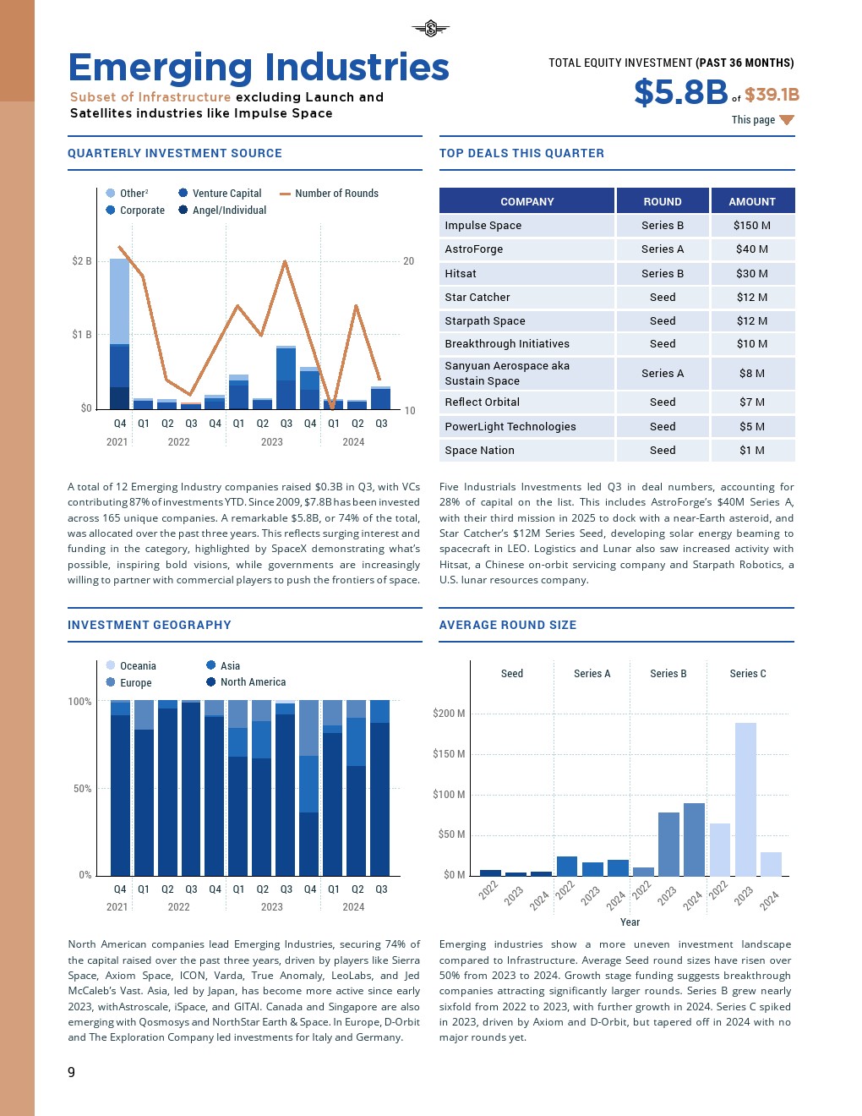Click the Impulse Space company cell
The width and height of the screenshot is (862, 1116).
tap(483, 226)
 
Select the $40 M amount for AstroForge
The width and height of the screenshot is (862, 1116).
tap(751, 249)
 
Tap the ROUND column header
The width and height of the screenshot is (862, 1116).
tap(663, 202)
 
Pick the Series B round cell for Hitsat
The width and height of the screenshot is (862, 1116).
tap(663, 274)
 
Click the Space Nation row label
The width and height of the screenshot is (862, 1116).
tap(480, 451)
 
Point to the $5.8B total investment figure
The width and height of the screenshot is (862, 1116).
tap(680, 92)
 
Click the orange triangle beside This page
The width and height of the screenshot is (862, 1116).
tap(787, 120)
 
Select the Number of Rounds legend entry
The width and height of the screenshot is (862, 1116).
tap(336, 194)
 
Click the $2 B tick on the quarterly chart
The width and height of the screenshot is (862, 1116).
tap(82, 261)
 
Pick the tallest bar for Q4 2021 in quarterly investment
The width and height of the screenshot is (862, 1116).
tap(120, 333)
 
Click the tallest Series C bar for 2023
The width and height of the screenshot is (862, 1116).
tap(745, 798)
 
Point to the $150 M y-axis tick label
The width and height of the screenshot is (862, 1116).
tap(449, 754)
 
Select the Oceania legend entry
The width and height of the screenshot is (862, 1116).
tap(138, 666)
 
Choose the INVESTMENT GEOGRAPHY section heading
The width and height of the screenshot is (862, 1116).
tap(150, 626)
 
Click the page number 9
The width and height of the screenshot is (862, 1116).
tap(72, 1072)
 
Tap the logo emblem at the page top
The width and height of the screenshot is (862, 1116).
tap(431, 30)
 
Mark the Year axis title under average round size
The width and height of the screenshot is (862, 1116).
tap(630, 922)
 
